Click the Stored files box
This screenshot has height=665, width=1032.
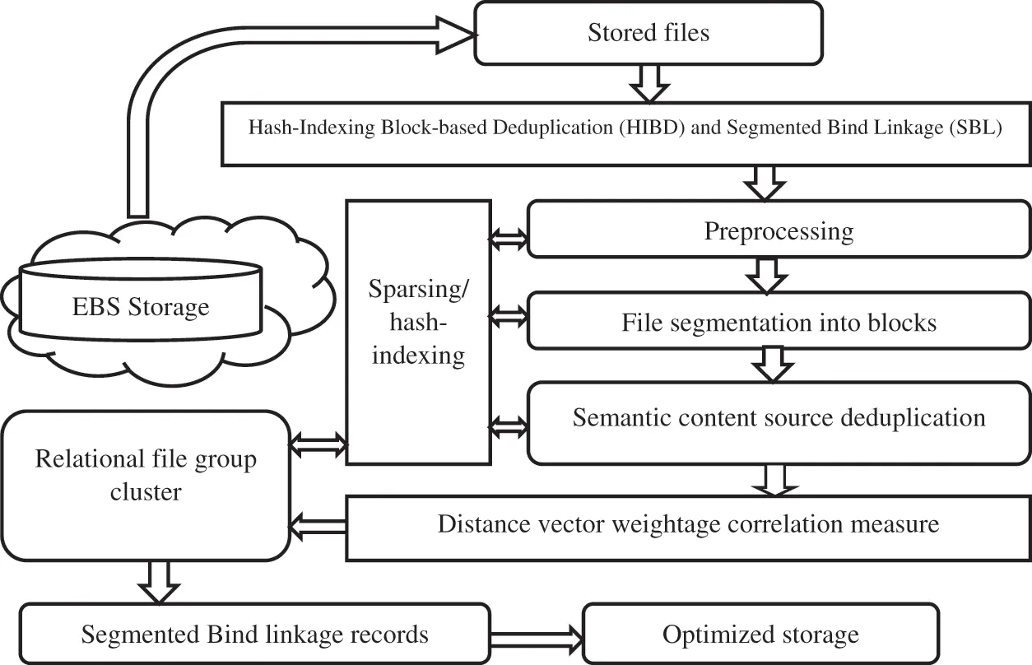pos(648,33)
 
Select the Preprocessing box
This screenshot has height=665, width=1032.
pos(778,231)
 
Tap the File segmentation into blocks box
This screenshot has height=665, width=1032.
pos(778,322)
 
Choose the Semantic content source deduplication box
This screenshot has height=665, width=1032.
pos(778,417)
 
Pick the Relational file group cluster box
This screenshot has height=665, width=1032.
pos(146,486)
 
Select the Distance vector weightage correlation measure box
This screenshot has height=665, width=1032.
pos(688,524)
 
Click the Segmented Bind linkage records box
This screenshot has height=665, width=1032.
pos(254,635)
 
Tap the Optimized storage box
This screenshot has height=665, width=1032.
pos(760,635)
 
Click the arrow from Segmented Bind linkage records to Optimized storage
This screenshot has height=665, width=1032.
pos(536,635)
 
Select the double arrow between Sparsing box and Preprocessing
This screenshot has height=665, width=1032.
pos(508,239)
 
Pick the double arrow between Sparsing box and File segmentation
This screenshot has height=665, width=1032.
pos(508,314)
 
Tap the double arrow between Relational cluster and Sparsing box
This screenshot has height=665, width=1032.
pos(319,445)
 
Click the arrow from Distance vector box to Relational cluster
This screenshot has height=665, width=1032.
pos(319,524)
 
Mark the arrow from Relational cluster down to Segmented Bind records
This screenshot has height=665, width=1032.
pos(158,582)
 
